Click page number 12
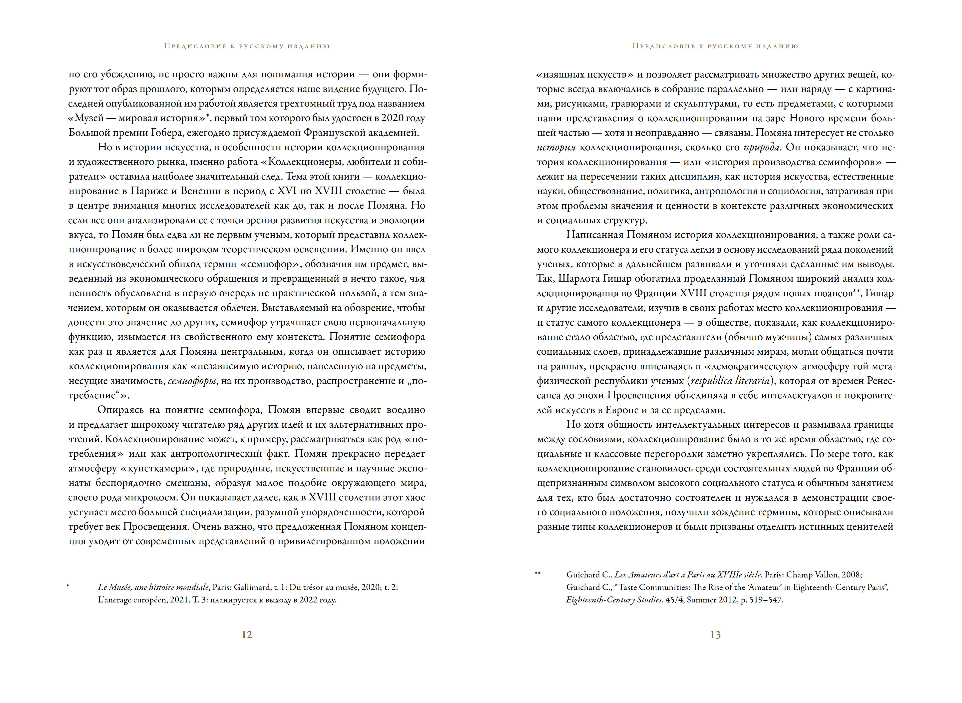[x=247, y=635]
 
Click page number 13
[x=715, y=635]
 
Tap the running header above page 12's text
[x=247, y=46]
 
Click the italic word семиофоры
[x=192, y=381]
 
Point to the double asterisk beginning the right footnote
[x=538, y=574]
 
